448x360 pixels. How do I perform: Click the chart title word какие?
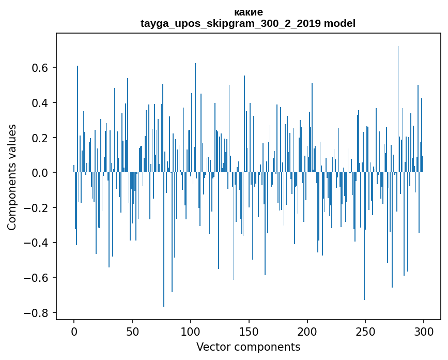(x=248, y=12)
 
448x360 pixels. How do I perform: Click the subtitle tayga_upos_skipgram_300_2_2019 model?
(x=248, y=23)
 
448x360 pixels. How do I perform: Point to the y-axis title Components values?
(x=12, y=177)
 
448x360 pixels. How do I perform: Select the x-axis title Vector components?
(x=248, y=347)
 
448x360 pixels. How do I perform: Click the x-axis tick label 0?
(x=74, y=331)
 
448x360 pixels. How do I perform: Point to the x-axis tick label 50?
(x=132, y=331)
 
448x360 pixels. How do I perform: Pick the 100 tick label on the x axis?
(x=191, y=331)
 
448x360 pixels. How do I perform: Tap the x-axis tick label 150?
(x=249, y=331)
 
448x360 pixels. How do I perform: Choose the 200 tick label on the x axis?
(x=307, y=331)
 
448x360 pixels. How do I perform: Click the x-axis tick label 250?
(x=365, y=331)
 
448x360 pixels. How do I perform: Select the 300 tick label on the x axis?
(x=424, y=331)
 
